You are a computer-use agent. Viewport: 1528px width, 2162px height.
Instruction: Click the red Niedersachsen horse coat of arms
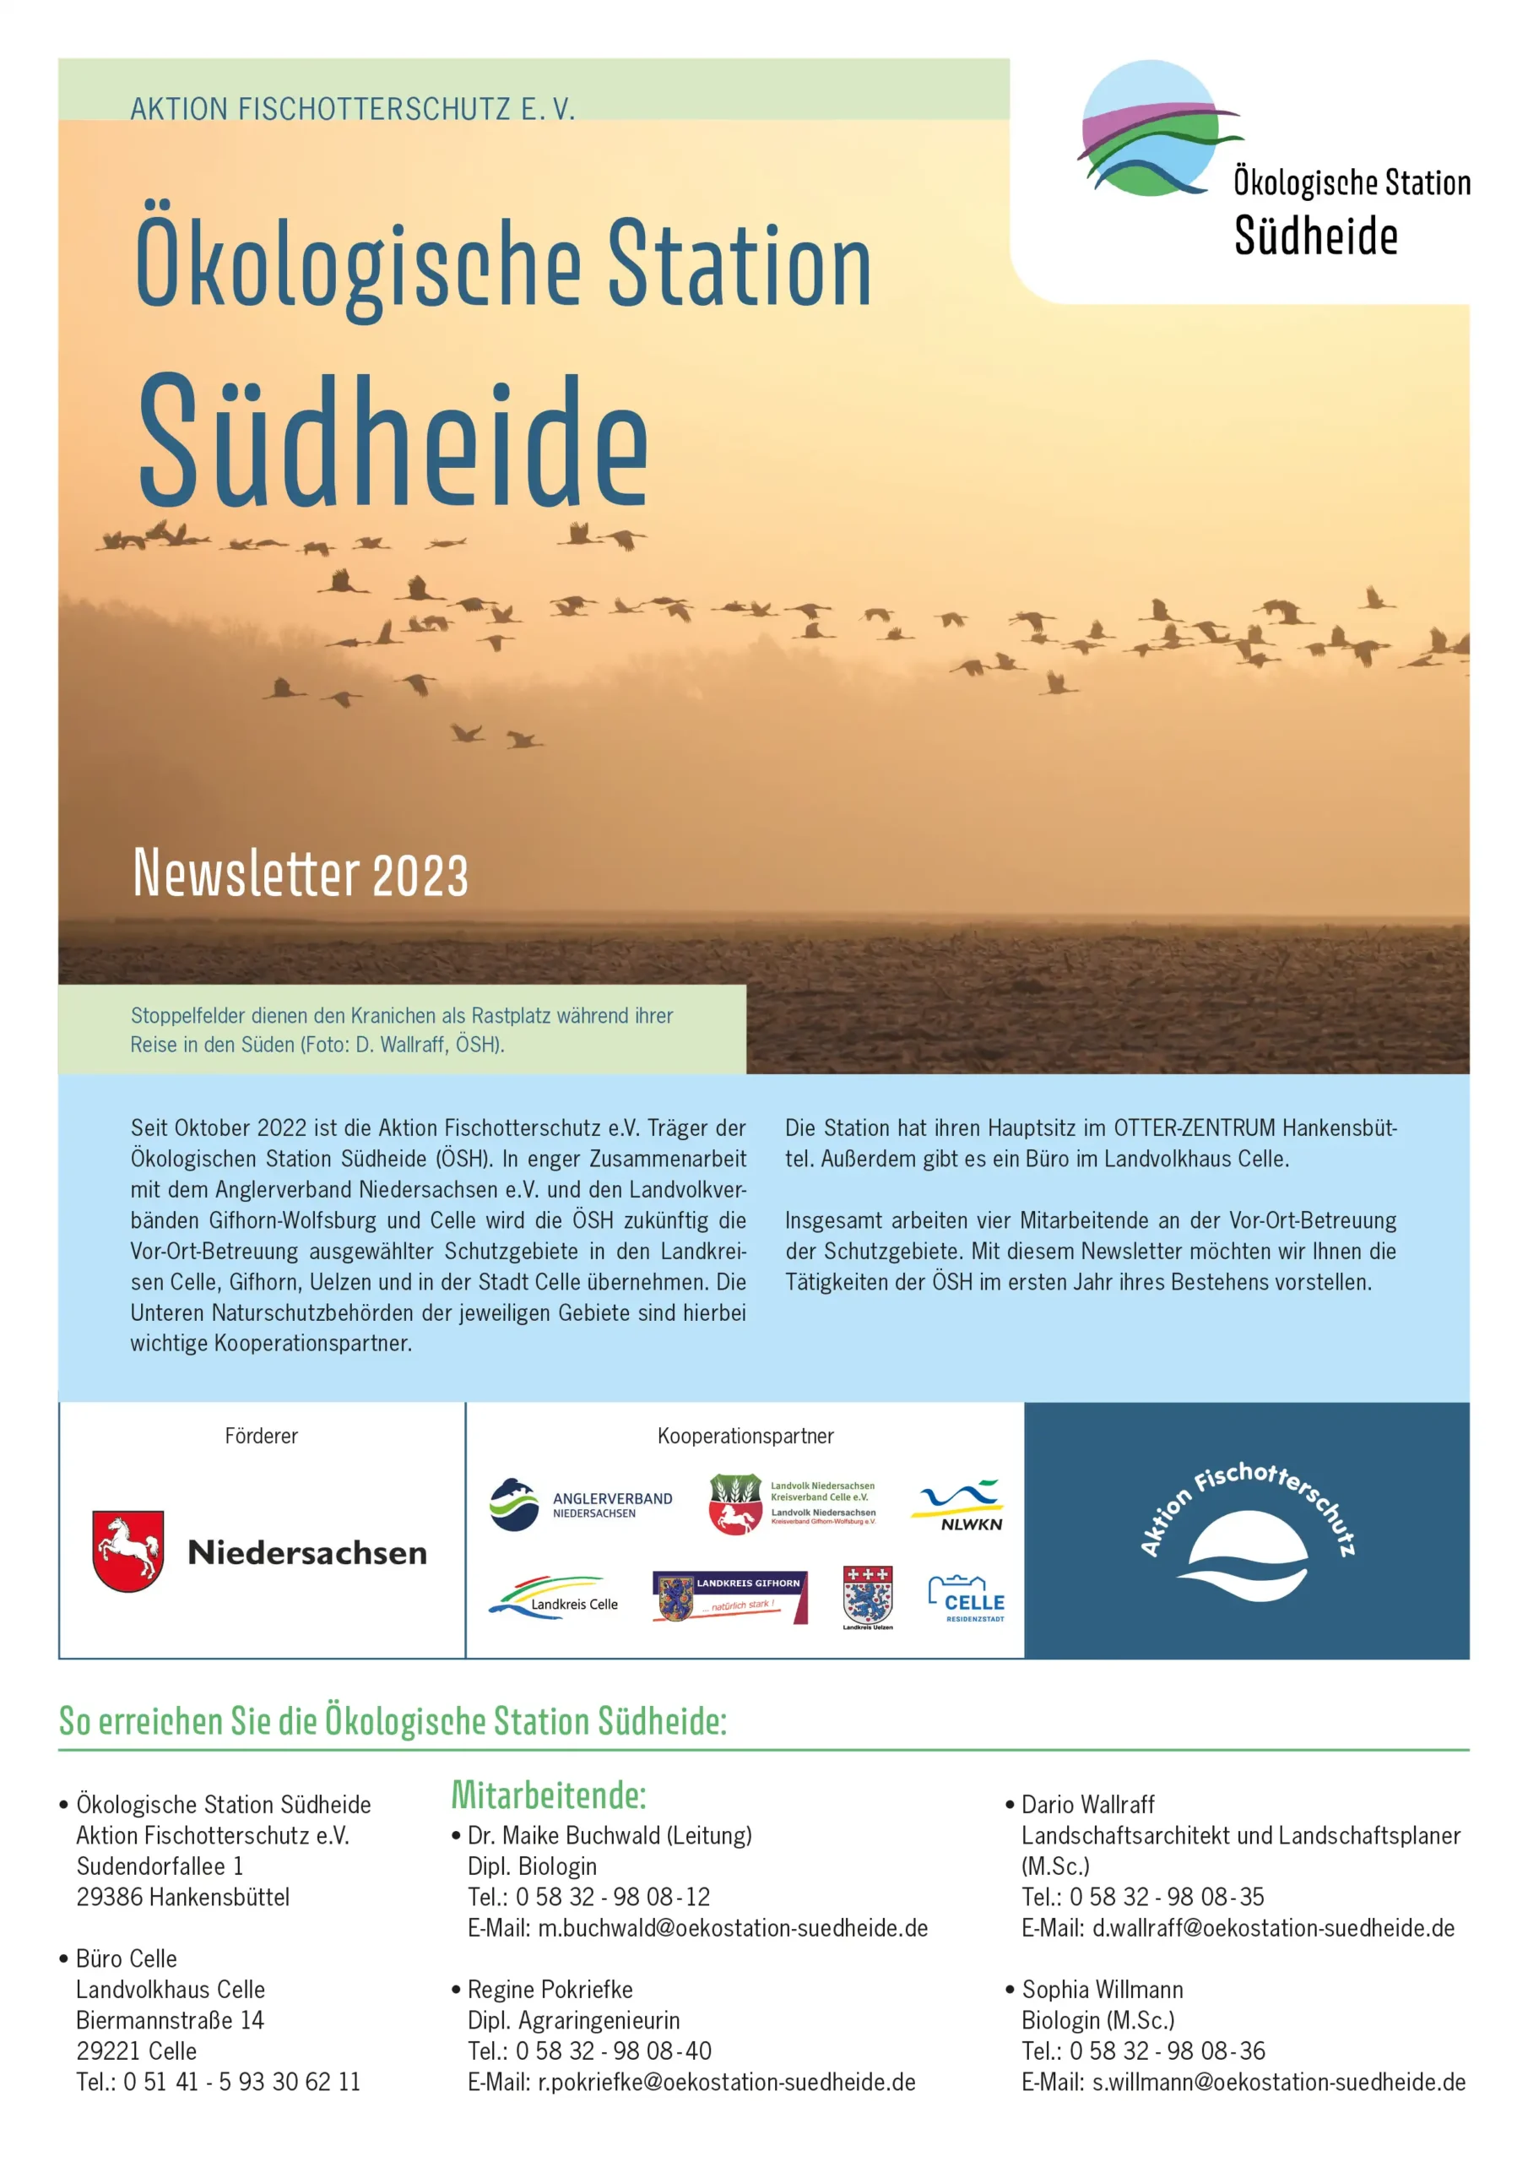point(128,1551)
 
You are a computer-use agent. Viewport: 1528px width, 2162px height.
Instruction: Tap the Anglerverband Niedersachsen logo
point(581,1504)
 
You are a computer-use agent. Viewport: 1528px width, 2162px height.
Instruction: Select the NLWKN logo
point(956,1504)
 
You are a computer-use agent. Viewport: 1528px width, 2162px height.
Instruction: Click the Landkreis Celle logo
point(554,1598)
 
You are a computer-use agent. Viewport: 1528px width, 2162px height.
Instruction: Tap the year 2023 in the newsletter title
point(420,876)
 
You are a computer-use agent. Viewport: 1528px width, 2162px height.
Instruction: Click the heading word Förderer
point(261,1436)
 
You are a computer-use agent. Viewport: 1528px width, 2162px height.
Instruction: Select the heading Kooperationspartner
point(745,1436)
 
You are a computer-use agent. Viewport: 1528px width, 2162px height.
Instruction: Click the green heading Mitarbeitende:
point(549,1795)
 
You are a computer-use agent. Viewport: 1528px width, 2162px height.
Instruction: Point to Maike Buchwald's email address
point(733,1927)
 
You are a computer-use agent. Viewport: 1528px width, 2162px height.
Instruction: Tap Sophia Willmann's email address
point(1277,2082)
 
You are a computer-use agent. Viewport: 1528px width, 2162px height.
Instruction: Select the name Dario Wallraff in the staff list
point(1087,1804)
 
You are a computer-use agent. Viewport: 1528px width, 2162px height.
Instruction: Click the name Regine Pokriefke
point(550,1989)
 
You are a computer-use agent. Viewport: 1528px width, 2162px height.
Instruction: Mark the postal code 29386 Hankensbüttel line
point(182,1897)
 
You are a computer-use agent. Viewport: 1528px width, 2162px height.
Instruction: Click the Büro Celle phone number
point(241,2081)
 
